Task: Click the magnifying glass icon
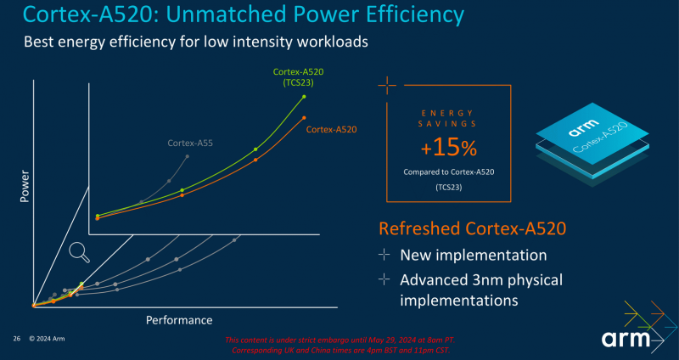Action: click(x=80, y=250)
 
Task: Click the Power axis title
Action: click(x=24, y=185)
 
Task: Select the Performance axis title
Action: click(x=179, y=320)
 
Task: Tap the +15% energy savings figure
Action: click(x=449, y=149)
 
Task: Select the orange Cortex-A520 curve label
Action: click(x=331, y=130)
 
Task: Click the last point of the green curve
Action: click(x=304, y=97)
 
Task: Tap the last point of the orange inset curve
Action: click(x=304, y=117)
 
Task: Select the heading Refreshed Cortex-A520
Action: click(x=472, y=228)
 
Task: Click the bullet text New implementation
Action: click(x=473, y=255)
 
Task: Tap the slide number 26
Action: click(x=16, y=339)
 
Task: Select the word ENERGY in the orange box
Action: click(x=449, y=113)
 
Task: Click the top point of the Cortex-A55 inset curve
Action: click(x=187, y=156)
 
